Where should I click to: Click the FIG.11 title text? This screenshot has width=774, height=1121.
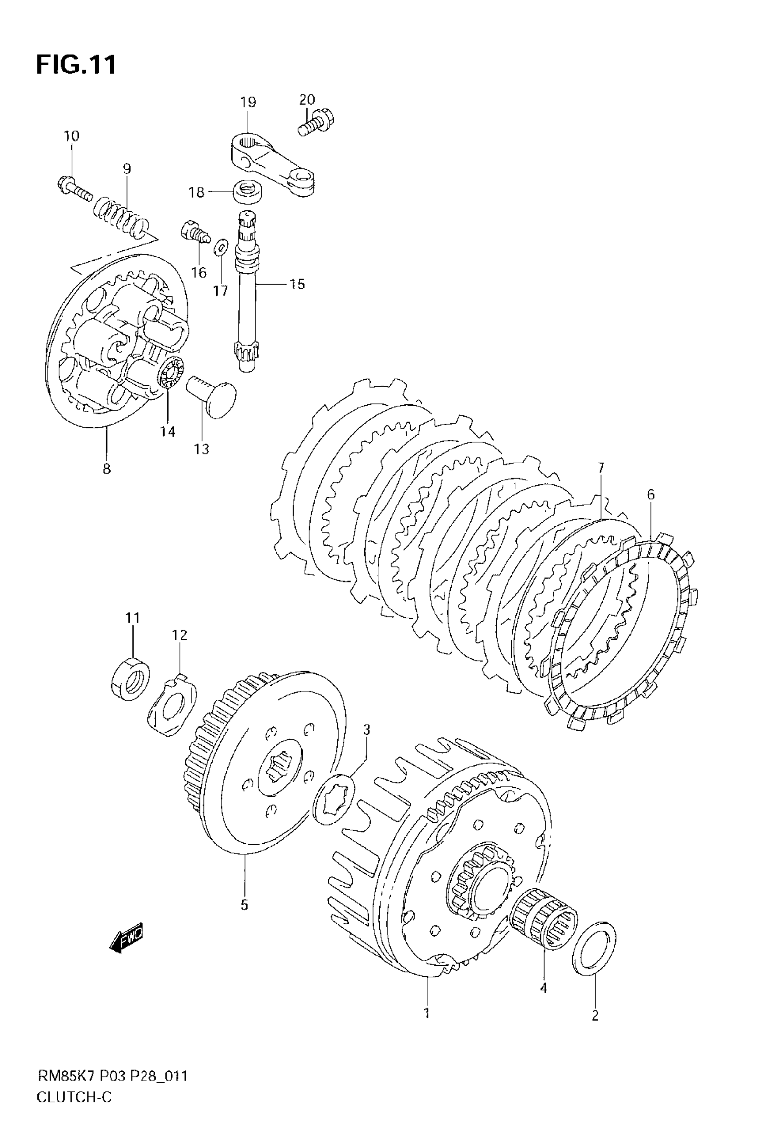[76, 65]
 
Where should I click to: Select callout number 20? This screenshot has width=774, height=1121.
[306, 99]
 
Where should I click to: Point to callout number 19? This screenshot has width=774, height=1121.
[248, 102]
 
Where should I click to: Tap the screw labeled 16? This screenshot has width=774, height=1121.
[194, 231]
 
